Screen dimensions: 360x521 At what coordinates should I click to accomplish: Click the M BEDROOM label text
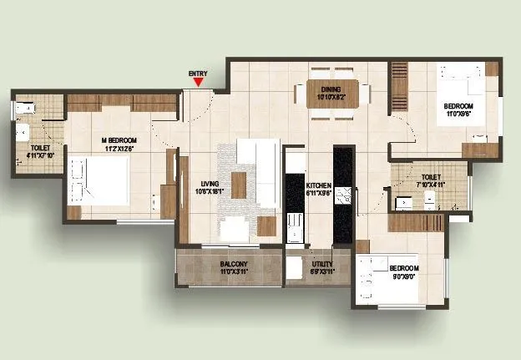tap(119, 140)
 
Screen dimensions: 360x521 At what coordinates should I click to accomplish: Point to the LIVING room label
tap(209, 184)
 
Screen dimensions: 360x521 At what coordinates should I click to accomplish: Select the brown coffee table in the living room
tap(239, 185)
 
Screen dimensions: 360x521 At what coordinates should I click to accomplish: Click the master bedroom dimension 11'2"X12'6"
tap(119, 148)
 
